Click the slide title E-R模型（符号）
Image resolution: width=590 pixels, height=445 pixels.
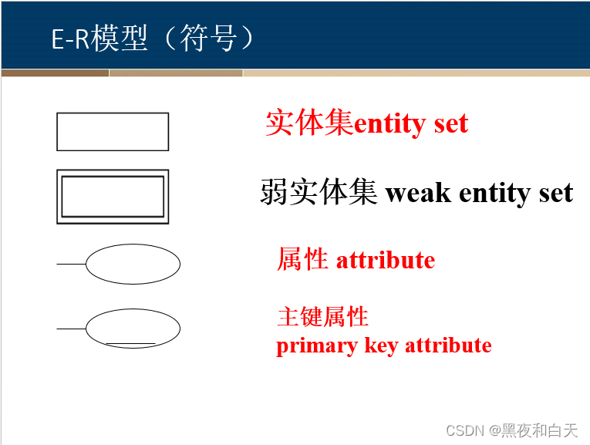click(153, 39)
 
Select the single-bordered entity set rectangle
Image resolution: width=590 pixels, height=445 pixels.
click(113, 132)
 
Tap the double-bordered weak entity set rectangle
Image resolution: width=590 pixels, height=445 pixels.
click(113, 197)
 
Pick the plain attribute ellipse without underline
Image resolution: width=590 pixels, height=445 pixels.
click(133, 264)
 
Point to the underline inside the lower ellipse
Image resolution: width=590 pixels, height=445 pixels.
click(130, 343)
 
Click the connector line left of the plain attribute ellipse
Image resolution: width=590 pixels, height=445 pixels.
click(71, 264)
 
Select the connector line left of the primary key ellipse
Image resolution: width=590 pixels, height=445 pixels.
click(71, 329)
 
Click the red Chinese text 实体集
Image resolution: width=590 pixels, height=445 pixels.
click(309, 123)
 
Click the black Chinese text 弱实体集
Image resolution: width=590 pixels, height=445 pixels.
click(319, 192)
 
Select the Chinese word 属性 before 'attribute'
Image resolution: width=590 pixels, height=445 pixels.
click(302, 260)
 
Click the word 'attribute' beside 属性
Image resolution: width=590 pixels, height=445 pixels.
click(385, 260)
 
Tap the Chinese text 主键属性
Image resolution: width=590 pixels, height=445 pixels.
click(322, 316)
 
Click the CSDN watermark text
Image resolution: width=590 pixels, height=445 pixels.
click(464, 430)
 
